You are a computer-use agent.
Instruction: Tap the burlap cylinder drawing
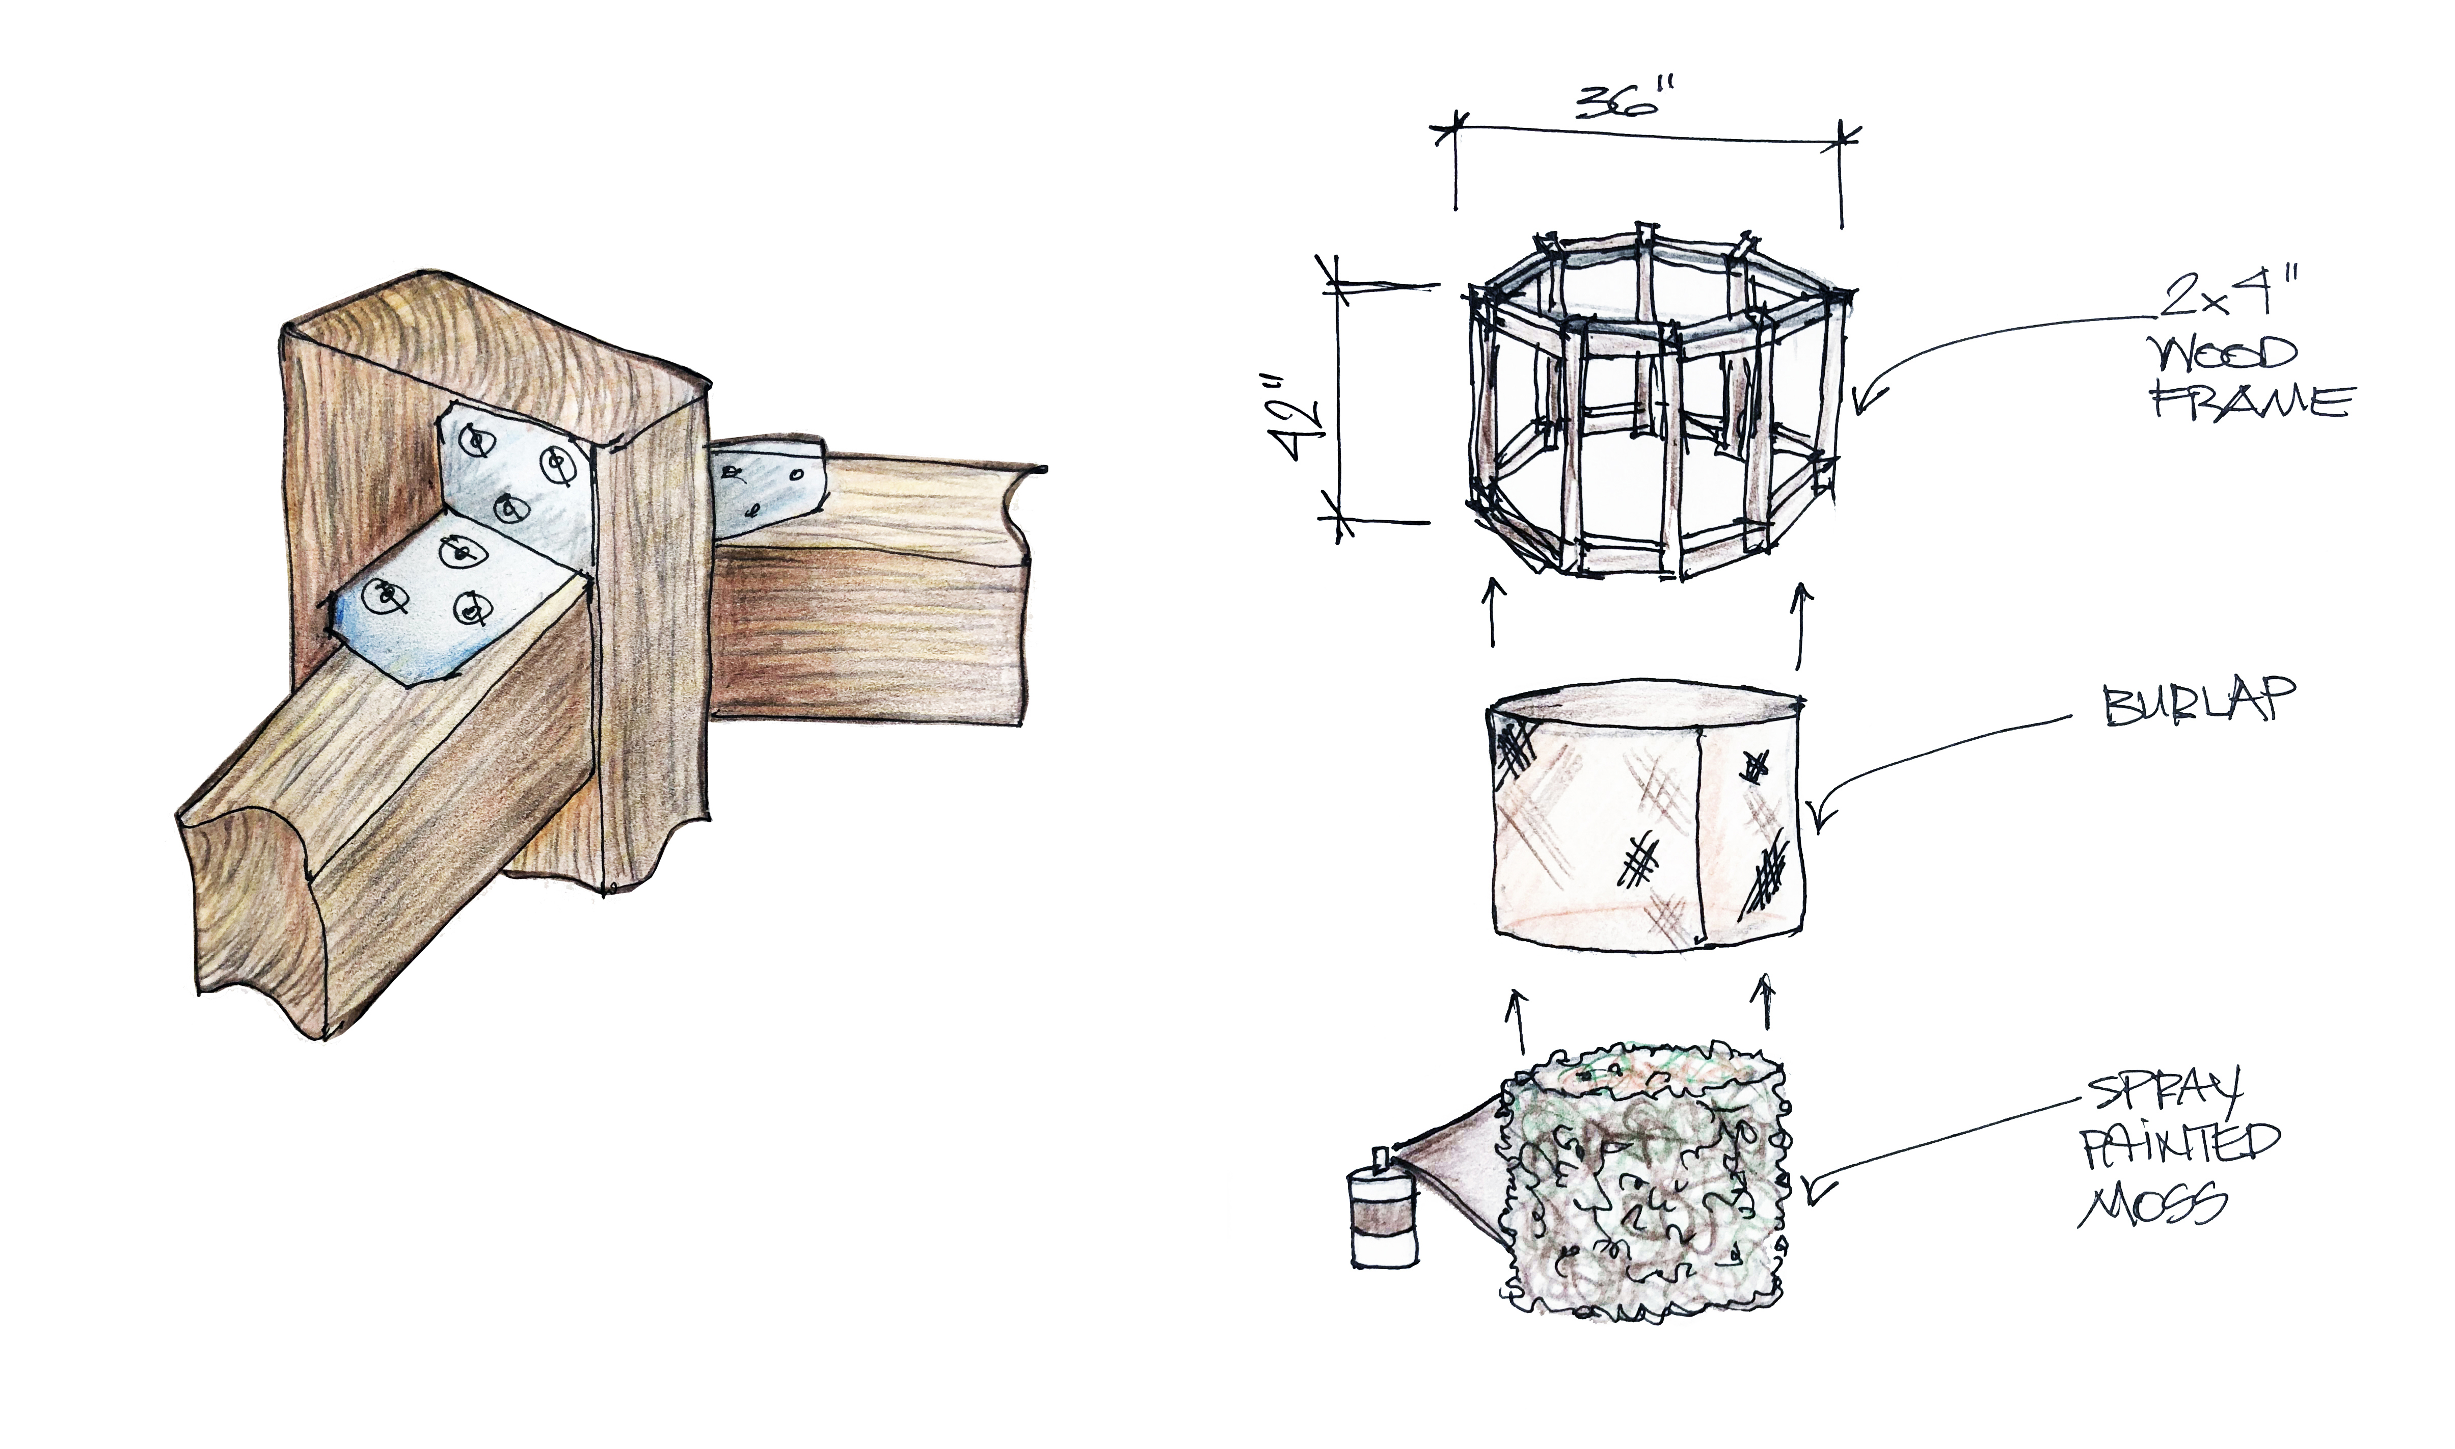point(1650,816)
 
